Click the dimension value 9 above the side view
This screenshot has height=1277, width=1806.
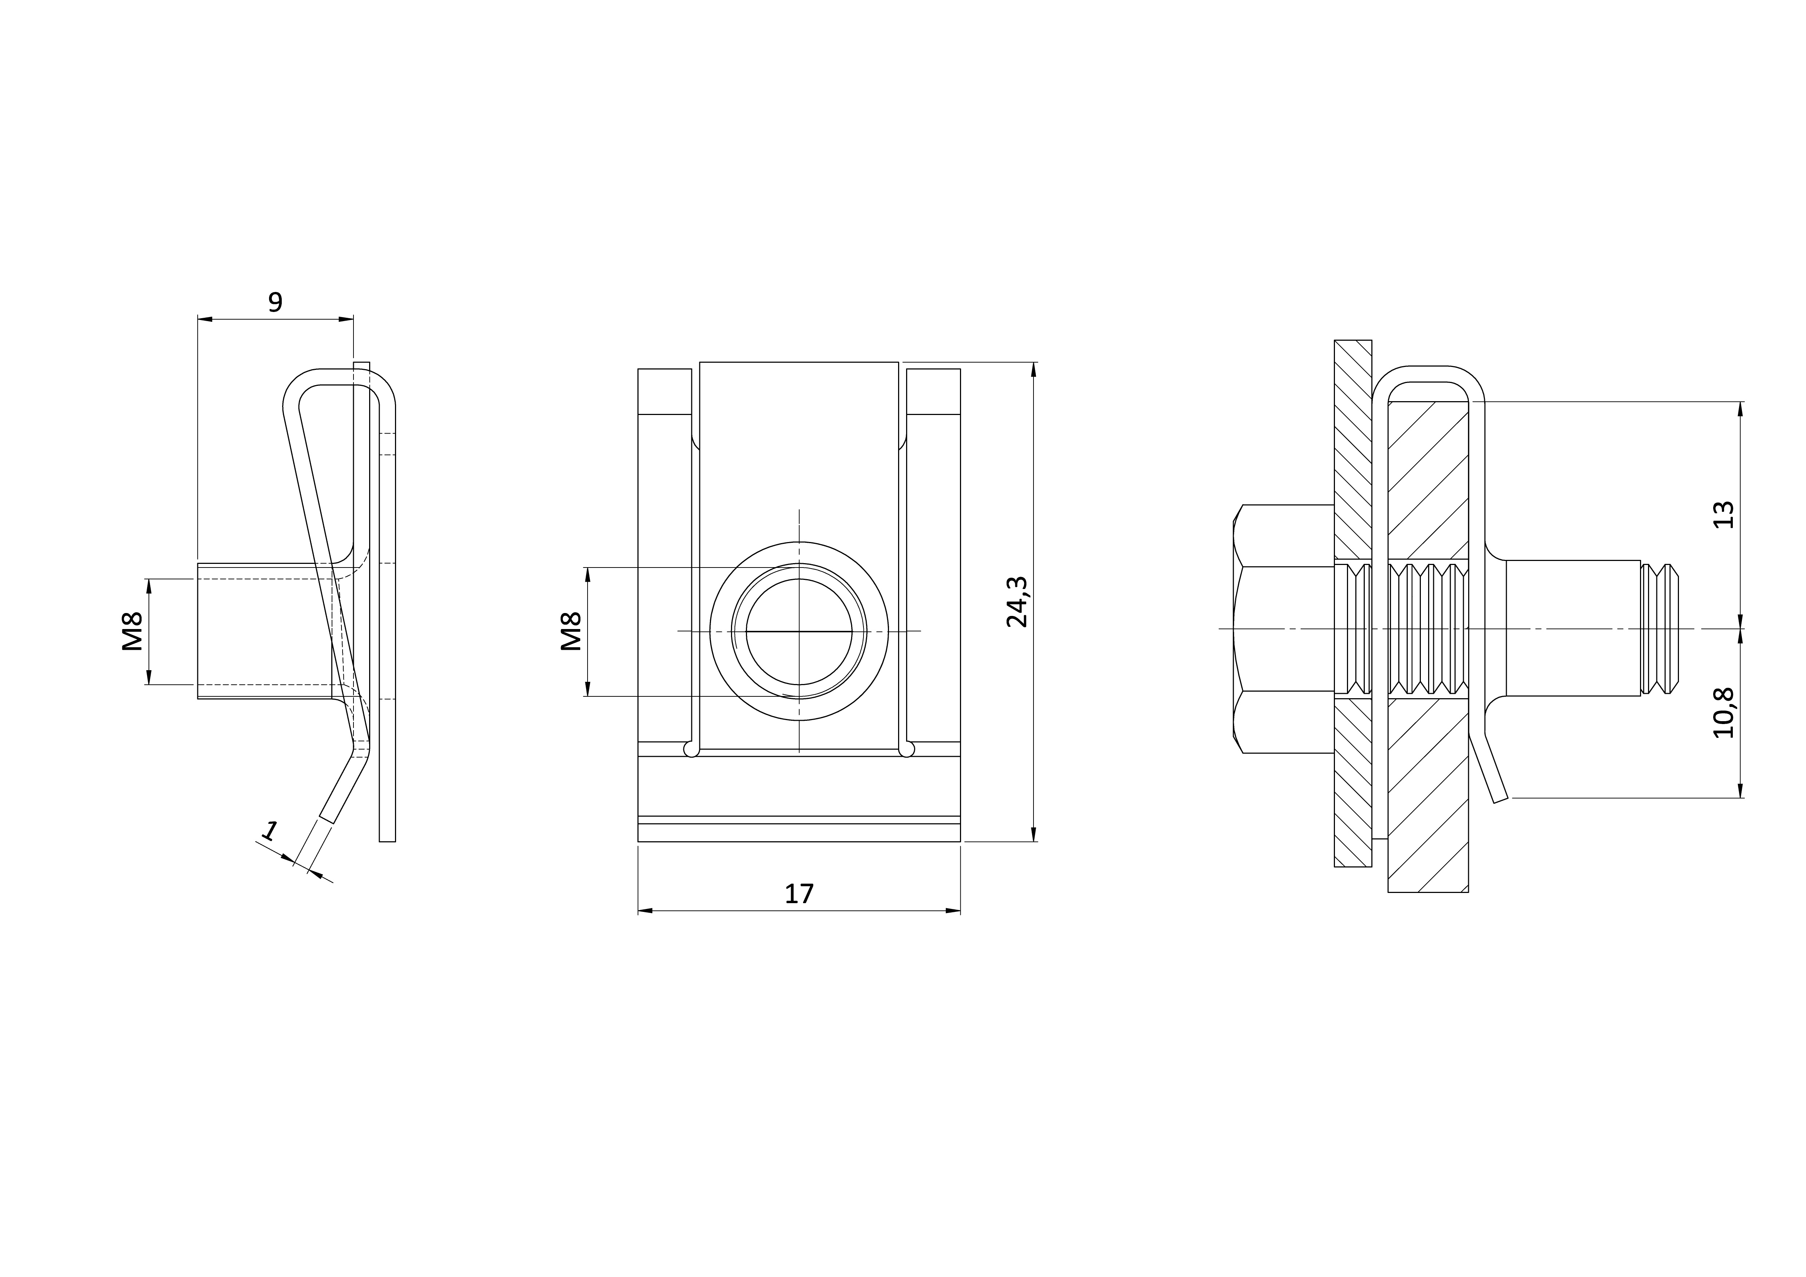[x=275, y=302]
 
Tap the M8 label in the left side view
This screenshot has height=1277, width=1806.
[x=132, y=632]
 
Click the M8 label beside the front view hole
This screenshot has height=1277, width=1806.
[x=571, y=632]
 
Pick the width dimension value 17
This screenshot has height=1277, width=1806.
[x=799, y=894]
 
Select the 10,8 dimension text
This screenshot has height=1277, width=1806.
[x=1723, y=712]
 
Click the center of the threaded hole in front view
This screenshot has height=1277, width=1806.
[x=799, y=630]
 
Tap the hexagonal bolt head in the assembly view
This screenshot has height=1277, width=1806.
[x=1284, y=629]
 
